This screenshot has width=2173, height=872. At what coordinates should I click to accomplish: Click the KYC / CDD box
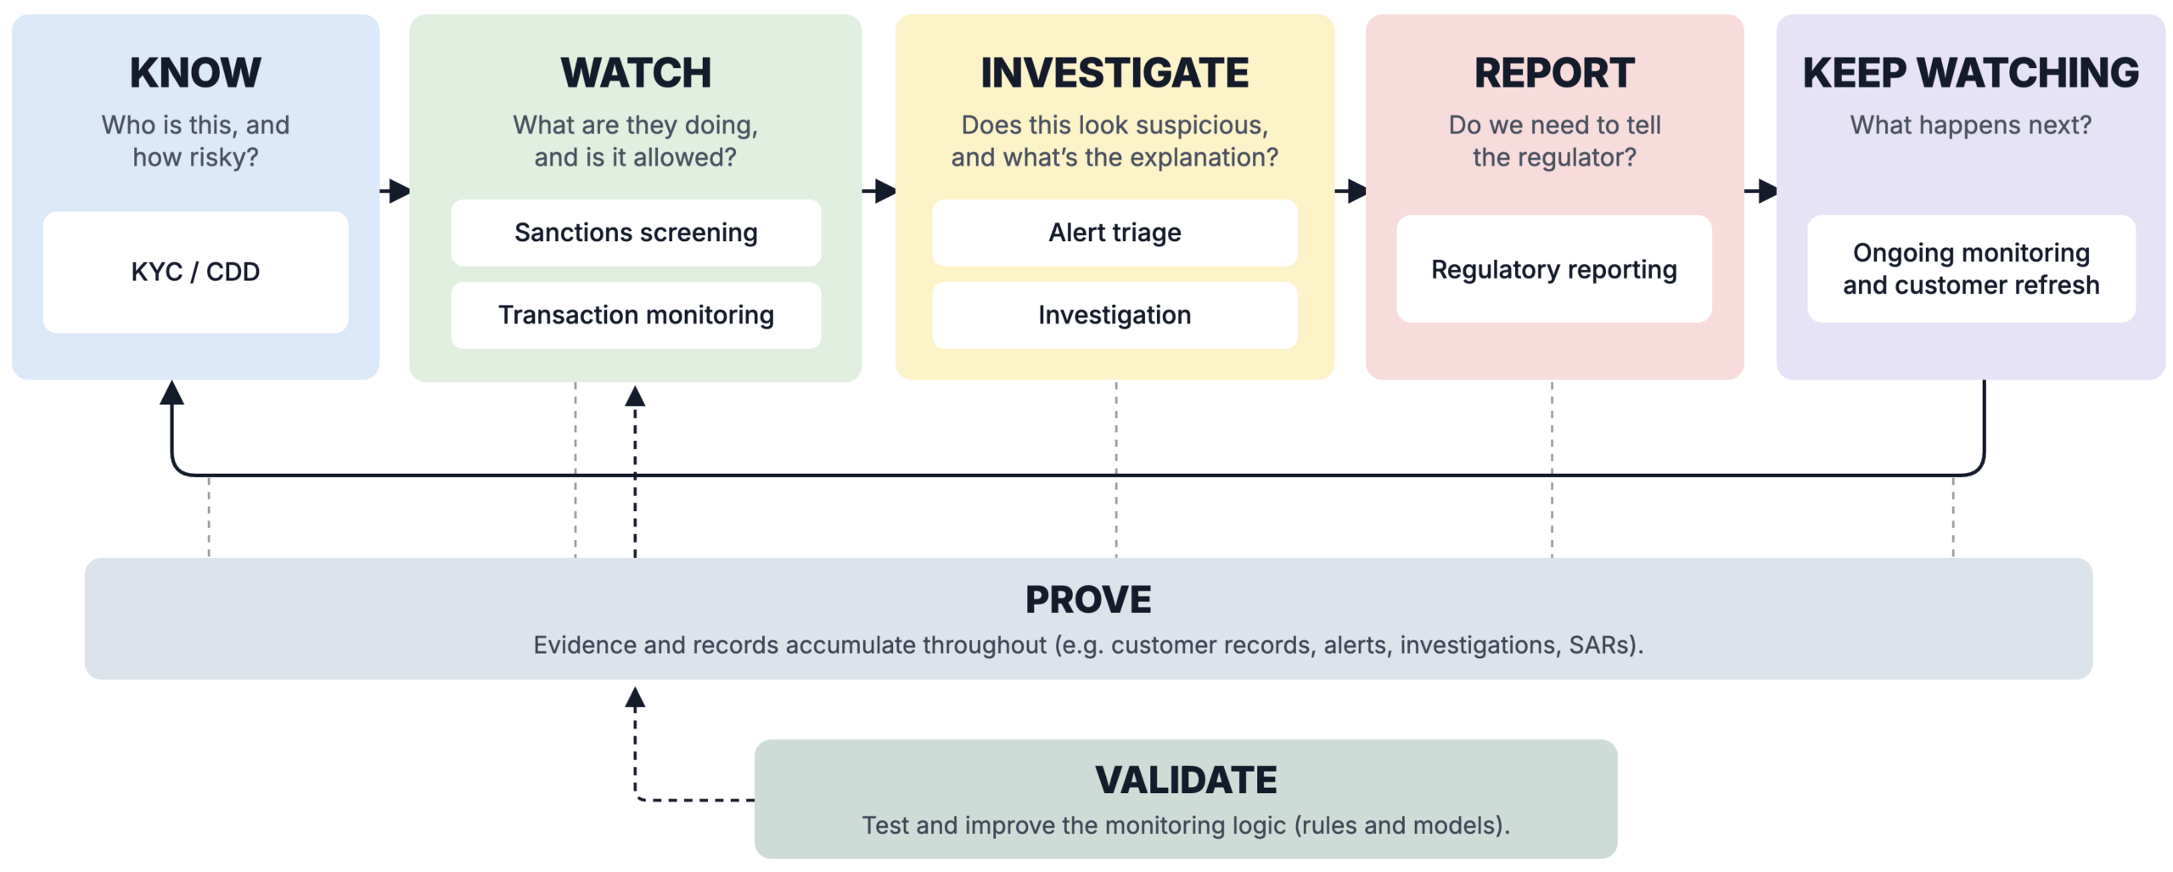195,272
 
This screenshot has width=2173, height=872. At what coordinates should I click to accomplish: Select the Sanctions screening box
636,233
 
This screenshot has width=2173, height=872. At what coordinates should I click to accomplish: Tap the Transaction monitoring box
636,315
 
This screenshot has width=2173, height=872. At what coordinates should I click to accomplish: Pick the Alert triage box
1115,233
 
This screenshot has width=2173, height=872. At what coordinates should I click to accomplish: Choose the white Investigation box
1115,315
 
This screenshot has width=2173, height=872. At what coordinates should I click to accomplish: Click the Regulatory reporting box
1554,269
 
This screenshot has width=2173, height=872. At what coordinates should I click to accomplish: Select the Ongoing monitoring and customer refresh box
1971,269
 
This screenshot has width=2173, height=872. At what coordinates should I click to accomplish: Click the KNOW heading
195,73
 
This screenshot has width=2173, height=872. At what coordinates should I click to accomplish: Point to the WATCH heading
636,73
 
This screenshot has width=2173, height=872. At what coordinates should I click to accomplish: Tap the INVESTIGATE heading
1115,73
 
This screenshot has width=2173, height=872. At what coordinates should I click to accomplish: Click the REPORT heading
1554,73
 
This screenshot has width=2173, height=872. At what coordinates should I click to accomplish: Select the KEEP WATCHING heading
1971,73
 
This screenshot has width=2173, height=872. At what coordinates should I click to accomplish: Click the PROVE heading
1088,600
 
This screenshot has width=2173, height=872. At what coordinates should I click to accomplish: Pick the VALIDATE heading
1186,780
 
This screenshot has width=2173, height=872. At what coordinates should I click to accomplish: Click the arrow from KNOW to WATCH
395,191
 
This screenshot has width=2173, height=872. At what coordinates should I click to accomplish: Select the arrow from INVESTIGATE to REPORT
1350,191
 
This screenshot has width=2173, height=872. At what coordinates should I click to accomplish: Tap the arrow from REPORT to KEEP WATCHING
1760,191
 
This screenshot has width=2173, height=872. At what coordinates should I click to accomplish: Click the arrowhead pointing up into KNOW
172,392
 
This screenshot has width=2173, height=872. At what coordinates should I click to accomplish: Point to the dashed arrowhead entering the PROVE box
635,698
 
